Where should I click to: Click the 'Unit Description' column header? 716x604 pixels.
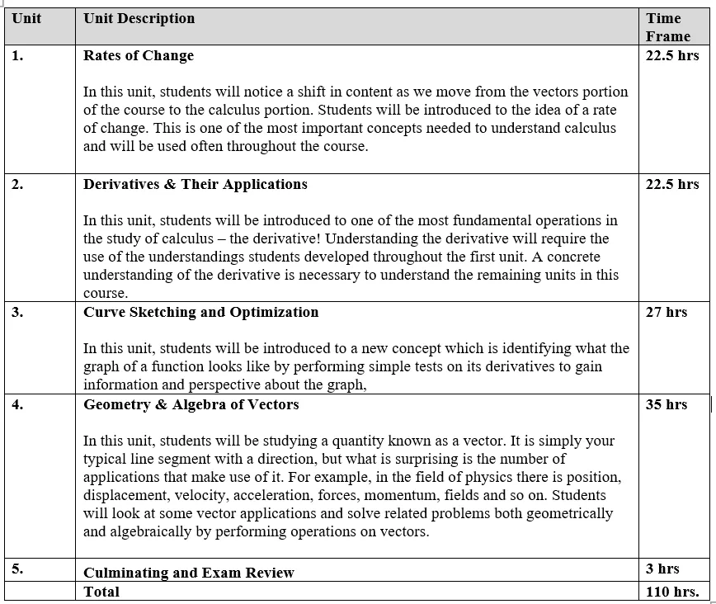click(139, 18)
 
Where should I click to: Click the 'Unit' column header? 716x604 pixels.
click(26, 18)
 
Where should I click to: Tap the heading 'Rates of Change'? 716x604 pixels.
click(139, 55)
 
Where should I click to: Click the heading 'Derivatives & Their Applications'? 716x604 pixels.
click(195, 184)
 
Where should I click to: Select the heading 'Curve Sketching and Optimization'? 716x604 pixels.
click(200, 312)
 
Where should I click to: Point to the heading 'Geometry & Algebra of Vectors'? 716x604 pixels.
click(191, 404)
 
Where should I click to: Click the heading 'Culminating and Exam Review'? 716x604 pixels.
click(189, 573)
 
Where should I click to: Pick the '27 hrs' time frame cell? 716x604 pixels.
click(666, 312)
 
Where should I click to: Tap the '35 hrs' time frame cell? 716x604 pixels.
click(666, 404)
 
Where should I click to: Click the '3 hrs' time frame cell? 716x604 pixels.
click(662, 569)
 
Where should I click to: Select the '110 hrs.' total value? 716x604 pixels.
click(671, 592)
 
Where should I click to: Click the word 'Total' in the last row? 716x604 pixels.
click(101, 592)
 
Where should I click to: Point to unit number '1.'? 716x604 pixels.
click(17, 55)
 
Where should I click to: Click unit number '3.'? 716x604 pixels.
click(17, 312)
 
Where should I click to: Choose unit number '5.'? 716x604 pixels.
click(17, 569)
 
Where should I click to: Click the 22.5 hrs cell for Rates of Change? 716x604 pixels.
click(671, 55)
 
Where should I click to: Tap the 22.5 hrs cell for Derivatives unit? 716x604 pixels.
click(671, 184)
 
